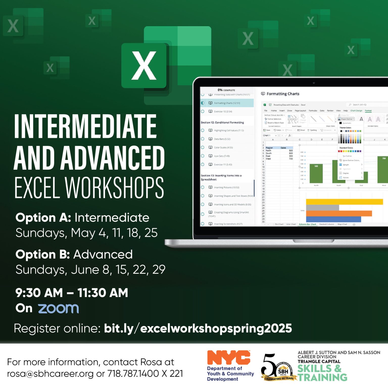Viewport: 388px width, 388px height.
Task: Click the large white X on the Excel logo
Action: click(144, 65)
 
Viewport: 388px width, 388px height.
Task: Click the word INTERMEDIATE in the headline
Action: click(85, 126)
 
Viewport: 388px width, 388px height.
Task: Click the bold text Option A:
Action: click(43, 218)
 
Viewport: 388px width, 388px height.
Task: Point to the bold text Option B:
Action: click(43, 254)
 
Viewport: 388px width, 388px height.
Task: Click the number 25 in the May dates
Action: click(151, 233)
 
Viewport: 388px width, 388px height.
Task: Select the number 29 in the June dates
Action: click(159, 270)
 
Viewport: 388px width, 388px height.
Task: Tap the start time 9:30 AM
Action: click(39, 293)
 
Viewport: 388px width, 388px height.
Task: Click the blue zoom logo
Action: click(58, 308)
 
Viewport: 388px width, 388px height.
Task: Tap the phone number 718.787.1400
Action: click(133, 374)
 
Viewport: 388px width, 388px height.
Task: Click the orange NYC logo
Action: click(229, 357)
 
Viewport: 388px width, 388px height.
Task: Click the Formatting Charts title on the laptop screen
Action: click(283, 94)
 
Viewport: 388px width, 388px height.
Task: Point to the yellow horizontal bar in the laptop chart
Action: click(344, 202)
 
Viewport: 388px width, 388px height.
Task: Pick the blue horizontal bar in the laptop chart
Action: click(333, 219)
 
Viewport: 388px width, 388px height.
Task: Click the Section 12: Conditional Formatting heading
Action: click(222, 123)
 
